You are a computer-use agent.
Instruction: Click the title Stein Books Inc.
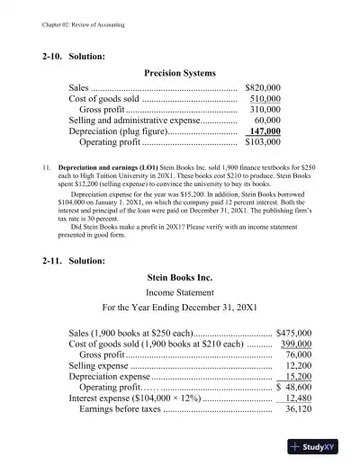179,277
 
